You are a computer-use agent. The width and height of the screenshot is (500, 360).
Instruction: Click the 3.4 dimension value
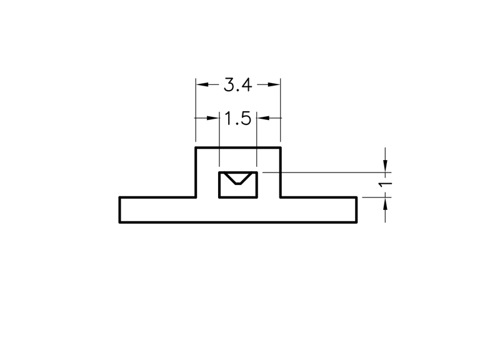coord(238,85)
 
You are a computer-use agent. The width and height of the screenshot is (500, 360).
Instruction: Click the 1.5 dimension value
coord(238,119)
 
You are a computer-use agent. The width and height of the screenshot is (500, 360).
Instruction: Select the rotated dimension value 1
coord(385,184)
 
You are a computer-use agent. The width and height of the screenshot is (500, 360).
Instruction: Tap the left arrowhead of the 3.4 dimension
coord(202,84)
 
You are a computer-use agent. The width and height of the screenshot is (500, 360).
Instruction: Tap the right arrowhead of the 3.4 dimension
coord(274,84)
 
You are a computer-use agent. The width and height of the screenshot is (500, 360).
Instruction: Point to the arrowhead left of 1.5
coord(213,118)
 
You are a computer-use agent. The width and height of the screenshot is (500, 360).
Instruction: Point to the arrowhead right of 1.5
coord(263,118)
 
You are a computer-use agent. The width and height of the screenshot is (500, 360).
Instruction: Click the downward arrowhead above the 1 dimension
coord(386,166)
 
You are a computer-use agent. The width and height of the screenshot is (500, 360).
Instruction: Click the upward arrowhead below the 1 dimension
coord(386,204)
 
